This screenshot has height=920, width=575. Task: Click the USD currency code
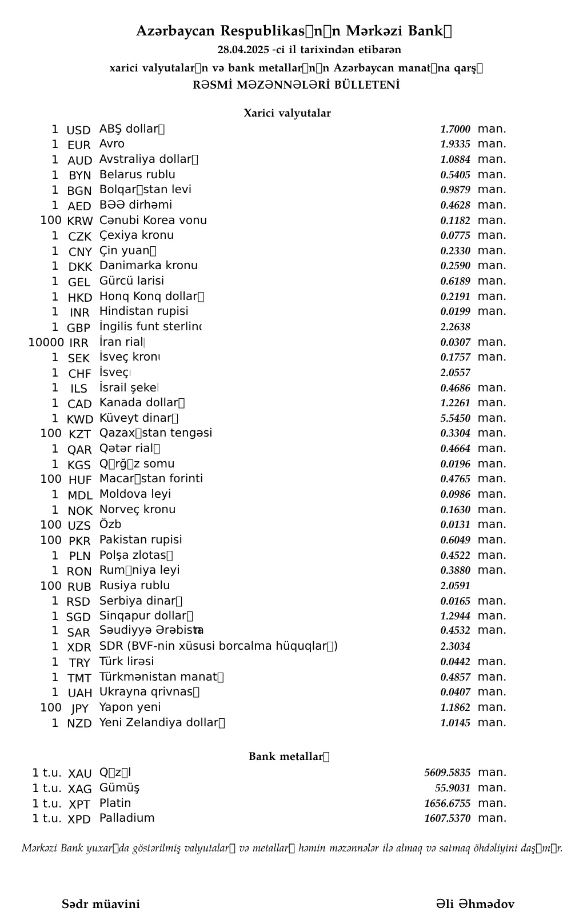pyautogui.click(x=79, y=130)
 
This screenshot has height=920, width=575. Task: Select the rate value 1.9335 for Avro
pyautogui.click(x=455, y=145)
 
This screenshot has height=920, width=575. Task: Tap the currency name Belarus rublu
pyautogui.click(x=137, y=175)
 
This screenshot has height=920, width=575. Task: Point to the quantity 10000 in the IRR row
pyautogui.click(x=46, y=343)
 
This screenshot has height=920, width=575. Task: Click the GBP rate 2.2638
pyautogui.click(x=455, y=327)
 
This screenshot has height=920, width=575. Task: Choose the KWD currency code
pyautogui.click(x=80, y=419)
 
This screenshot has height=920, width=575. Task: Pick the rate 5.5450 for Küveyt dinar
pyautogui.click(x=455, y=418)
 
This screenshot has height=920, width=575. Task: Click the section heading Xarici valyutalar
pyautogui.click(x=287, y=113)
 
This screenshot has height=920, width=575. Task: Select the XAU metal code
pyautogui.click(x=80, y=774)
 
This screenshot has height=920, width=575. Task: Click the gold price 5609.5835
pyautogui.click(x=447, y=773)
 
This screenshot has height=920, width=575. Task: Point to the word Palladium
pyautogui.click(x=127, y=818)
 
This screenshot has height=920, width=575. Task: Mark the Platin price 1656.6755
pyautogui.click(x=447, y=803)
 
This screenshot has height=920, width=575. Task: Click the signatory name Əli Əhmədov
pyautogui.click(x=475, y=904)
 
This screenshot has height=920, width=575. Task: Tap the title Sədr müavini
pyautogui.click(x=101, y=904)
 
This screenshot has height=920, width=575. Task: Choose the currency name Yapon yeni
pyautogui.click(x=130, y=707)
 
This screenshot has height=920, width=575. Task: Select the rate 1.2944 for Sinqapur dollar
pyautogui.click(x=455, y=616)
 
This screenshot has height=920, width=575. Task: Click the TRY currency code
pyautogui.click(x=80, y=663)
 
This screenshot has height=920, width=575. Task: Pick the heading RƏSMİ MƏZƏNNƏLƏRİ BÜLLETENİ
pyautogui.click(x=296, y=85)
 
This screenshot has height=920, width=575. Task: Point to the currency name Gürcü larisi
pyautogui.click(x=131, y=281)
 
